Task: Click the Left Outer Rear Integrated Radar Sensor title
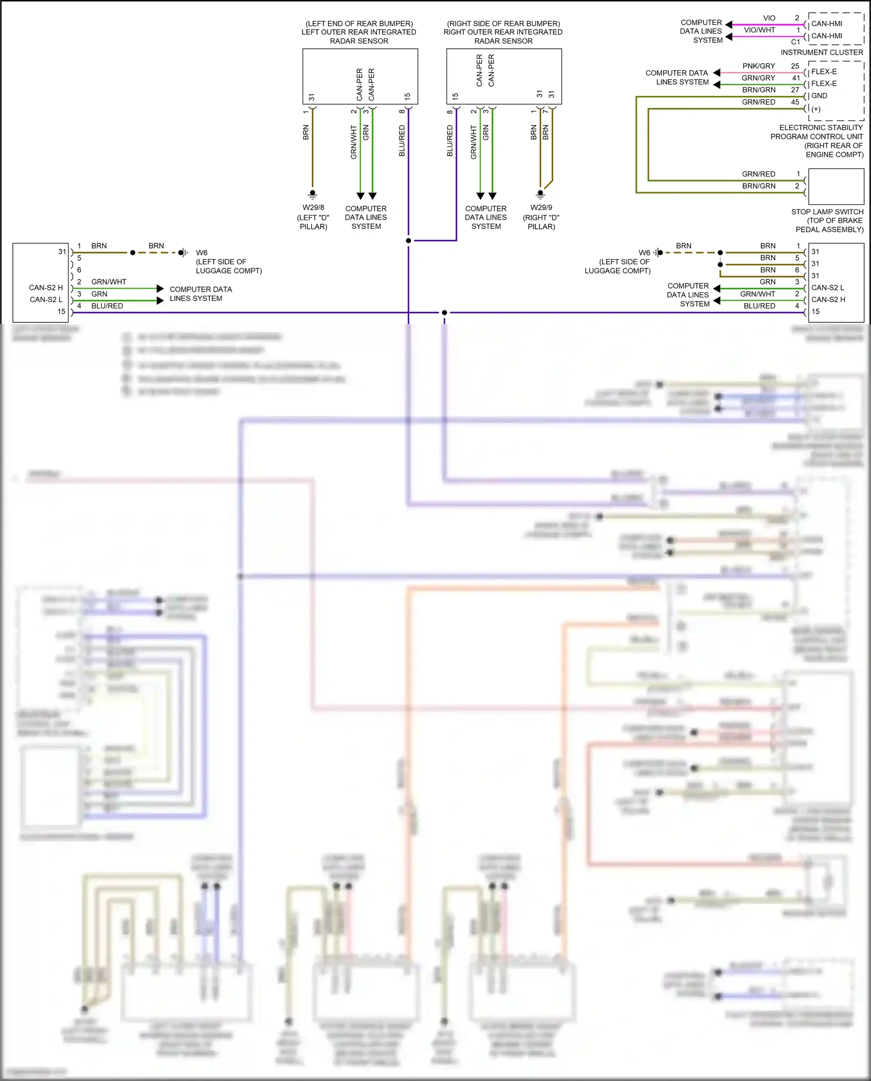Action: [359, 33]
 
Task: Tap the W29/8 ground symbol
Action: [313, 194]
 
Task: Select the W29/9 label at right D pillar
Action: [541, 207]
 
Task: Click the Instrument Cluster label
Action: [822, 52]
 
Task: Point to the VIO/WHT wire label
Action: [759, 30]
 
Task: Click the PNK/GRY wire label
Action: [758, 66]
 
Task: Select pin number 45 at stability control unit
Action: [795, 102]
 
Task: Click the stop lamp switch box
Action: [836, 186]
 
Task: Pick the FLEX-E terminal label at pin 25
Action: [824, 72]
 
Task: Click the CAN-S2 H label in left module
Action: [46, 288]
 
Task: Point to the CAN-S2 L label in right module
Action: [827, 288]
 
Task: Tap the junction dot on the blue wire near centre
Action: [444, 313]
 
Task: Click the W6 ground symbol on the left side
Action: [182, 253]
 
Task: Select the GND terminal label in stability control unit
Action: [819, 96]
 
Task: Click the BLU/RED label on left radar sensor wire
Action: [402, 141]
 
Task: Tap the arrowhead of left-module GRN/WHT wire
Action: [160, 288]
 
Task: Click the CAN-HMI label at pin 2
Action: [826, 24]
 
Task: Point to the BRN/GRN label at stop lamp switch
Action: [758, 186]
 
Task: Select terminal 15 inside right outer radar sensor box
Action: [455, 96]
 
